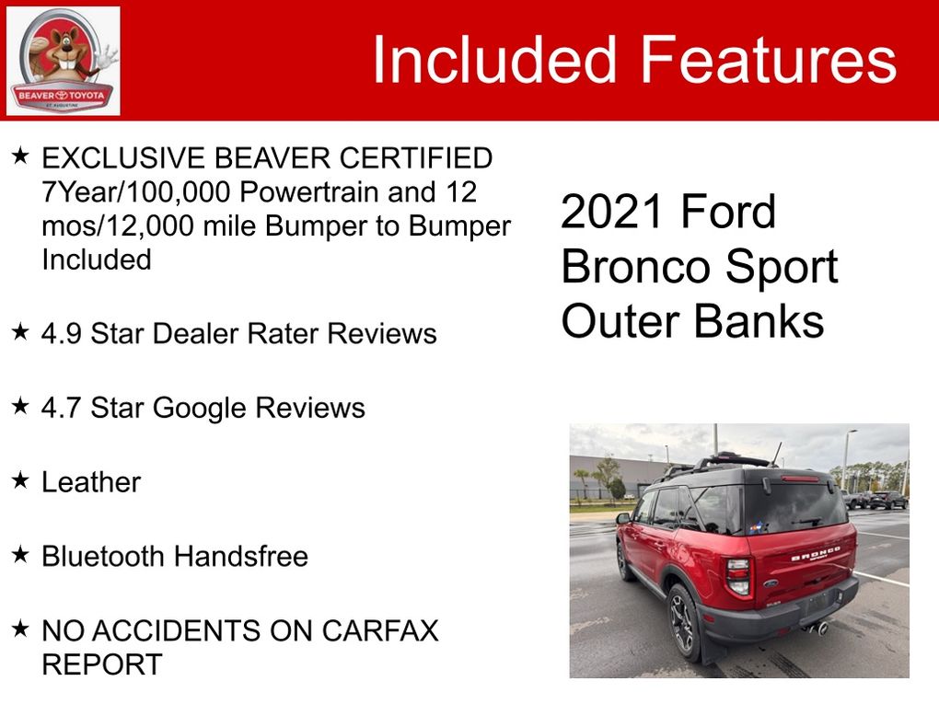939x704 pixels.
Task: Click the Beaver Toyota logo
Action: (63, 61)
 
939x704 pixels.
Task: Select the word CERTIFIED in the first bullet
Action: (415, 158)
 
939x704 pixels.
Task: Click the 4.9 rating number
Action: (61, 333)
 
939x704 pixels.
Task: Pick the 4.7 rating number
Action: (61, 408)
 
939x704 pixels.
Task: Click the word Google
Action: (200, 409)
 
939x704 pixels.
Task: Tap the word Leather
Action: (91, 482)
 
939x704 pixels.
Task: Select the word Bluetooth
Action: (102, 556)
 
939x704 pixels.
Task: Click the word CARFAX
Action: (379, 630)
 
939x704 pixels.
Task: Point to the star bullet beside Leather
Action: (20, 479)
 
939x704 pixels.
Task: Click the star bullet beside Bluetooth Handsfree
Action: (20, 554)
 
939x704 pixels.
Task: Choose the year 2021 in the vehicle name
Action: (611, 212)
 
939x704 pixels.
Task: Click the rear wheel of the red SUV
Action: (684, 623)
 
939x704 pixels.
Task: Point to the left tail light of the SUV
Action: (737, 576)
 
